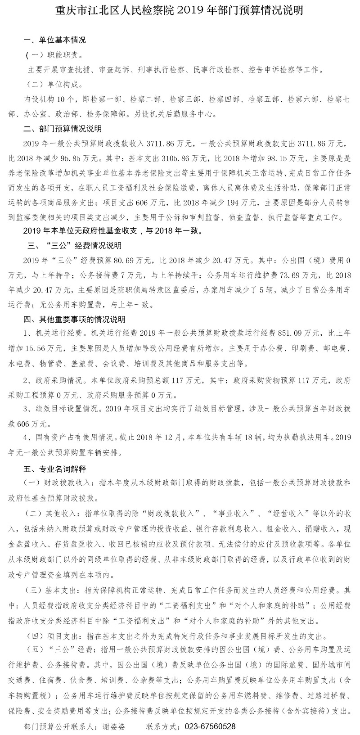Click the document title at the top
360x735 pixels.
tap(180, 10)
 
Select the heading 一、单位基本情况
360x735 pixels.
tap(54, 40)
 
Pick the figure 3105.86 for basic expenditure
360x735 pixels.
tap(191, 158)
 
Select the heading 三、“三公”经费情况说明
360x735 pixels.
tap(74, 246)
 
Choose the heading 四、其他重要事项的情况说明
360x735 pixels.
tap(74, 319)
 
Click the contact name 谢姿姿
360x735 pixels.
tap(114, 726)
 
